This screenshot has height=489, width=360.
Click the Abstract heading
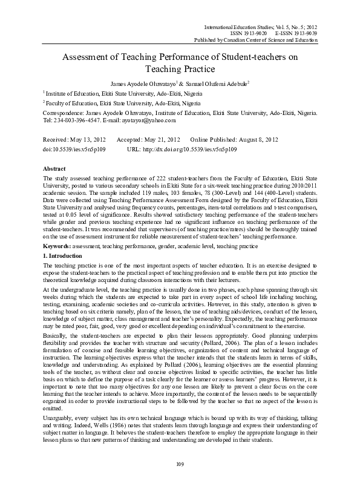tap(56, 167)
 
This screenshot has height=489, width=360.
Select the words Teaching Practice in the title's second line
tap(180, 70)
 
